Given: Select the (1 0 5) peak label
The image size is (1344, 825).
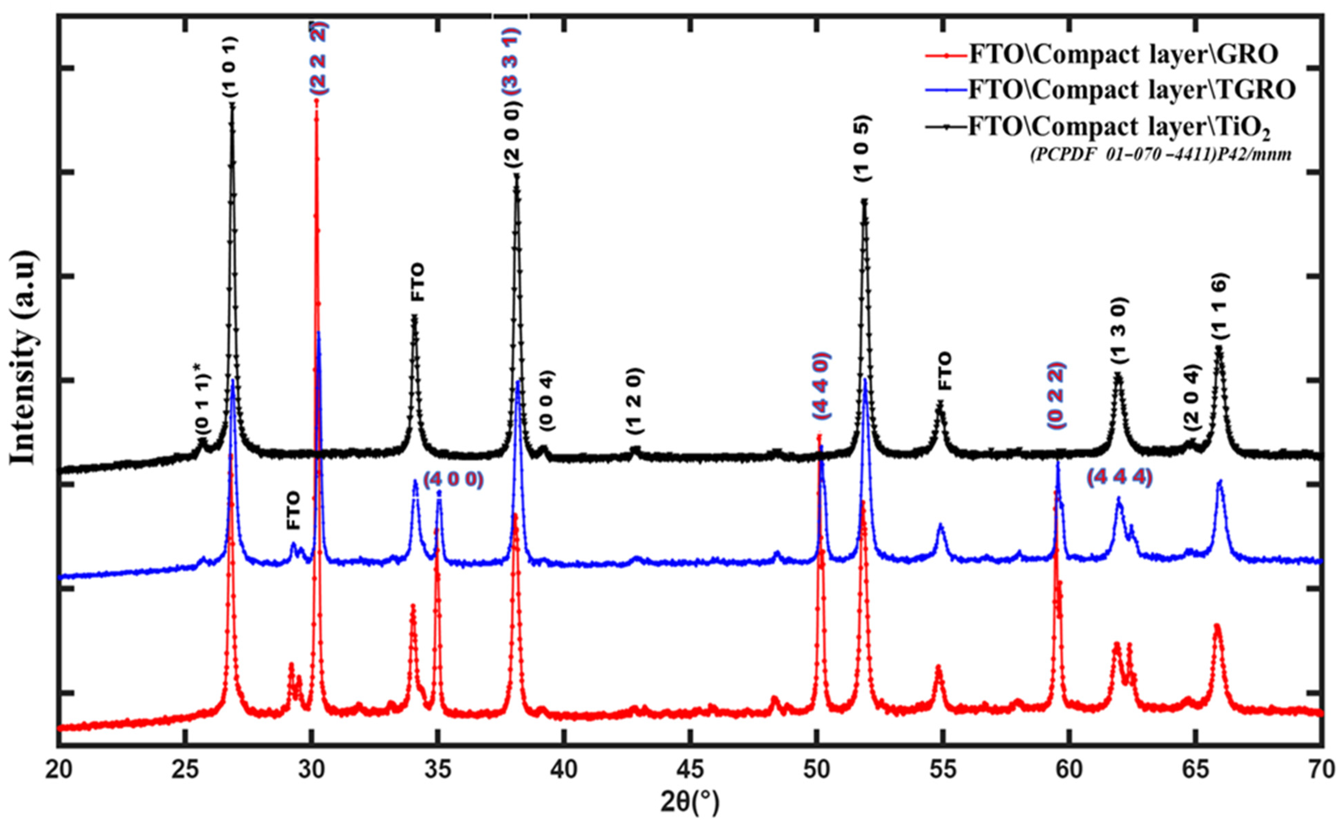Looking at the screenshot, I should pyautogui.click(x=863, y=148).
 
